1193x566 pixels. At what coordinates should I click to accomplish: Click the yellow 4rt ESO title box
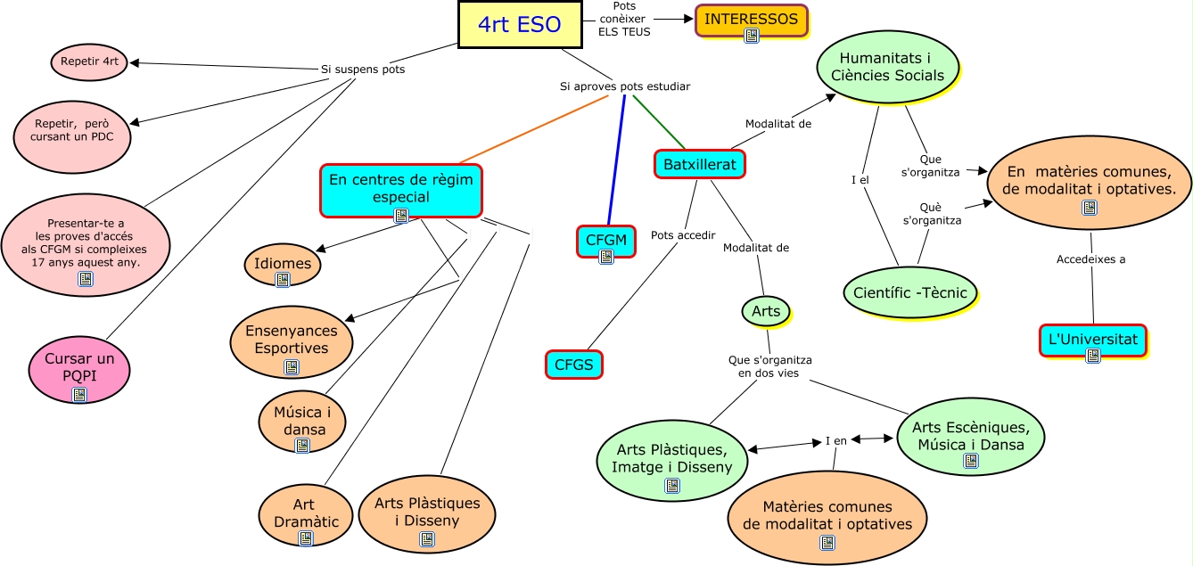pyautogui.click(x=520, y=24)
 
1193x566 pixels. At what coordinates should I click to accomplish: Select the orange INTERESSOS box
pyautogui.click(x=751, y=20)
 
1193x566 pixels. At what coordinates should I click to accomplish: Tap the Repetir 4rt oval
pyautogui.click(x=90, y=62)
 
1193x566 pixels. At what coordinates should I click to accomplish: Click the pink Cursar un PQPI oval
pyautogui.click(x=79, y=366)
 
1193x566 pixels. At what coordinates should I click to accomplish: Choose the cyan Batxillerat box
pyautogui.click(x=699, y=164)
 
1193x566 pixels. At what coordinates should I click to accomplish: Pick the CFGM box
pyautogui.click(x=606, y=241)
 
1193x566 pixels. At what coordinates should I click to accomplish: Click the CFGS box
pyautogui.click(x=573, y=364)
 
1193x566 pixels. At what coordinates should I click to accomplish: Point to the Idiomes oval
pyautogui.click(x=283, y=265)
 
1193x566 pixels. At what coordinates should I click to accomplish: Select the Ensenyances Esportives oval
pyautogui.click(x=292, y=339)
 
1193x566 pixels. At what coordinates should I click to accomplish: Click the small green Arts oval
pyautogui.click(x=766, y=311)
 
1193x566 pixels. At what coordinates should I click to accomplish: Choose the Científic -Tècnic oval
pyautogui.click(x=910, y=292)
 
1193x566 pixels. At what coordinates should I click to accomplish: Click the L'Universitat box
pyautogui.click(x=1093, y=340)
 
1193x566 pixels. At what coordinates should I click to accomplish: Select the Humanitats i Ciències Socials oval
pyautogui.click(x=887, y=67)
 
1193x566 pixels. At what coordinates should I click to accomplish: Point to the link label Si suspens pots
pyautogui.click(x=363, y=69)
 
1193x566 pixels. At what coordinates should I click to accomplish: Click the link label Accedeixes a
pyautogui.click(x=1090, y=259)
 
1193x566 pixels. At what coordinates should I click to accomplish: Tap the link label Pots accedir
pyautogui.click(x=683, y=235)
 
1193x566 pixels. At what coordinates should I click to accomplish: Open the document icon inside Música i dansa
pyautogui.click(x=302, y=445)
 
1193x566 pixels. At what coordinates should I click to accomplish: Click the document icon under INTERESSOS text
pyautogui.click(x=752, y=36)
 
